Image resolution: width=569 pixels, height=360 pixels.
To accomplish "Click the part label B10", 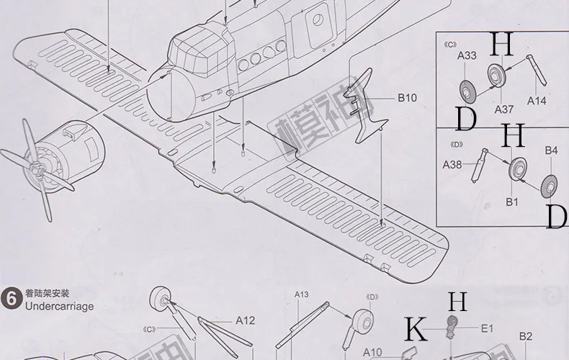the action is tap(407, 97).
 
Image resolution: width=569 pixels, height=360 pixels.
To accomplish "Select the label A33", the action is tap(467, 55).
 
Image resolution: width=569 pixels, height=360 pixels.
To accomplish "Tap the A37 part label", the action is tap(504, 109).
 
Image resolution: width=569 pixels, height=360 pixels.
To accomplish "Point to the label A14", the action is tap(537, 101).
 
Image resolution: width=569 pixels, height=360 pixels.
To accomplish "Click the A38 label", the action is tap(453, 165).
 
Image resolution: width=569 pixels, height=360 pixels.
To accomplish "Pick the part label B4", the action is tap(551, 150).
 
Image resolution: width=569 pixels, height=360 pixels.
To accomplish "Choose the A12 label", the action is tap(246, 321).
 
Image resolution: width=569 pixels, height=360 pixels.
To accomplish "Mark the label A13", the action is tap(302, 294).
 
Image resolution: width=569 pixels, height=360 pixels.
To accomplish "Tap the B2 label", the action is tap(526, 336).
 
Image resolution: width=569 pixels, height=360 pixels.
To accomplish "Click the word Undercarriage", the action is tap(59, 306).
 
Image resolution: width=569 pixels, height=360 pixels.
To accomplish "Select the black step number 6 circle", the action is tap(12, 299).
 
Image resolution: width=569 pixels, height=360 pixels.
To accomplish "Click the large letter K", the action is tap(416, 329).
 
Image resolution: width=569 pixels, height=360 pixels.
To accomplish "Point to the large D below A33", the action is tap(466, 120).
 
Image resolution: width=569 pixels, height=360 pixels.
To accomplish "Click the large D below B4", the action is tap(556, 216).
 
